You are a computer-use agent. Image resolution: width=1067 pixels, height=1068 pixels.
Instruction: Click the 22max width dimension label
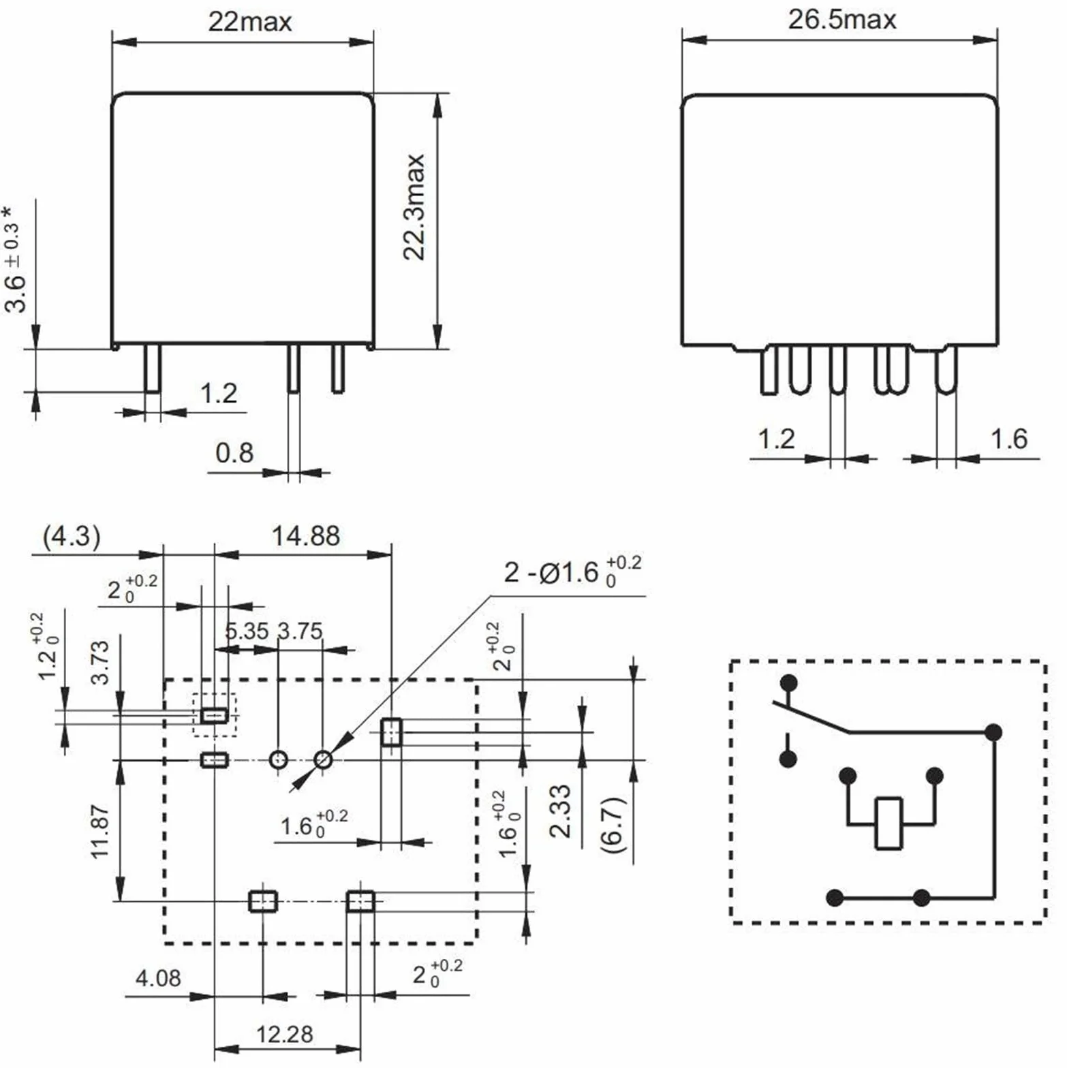(x=250, y=22)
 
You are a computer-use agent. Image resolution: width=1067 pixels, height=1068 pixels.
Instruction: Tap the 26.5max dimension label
(x=842, y=19)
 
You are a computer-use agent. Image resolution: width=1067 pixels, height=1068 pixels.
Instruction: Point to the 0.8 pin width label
(x=234, y=452)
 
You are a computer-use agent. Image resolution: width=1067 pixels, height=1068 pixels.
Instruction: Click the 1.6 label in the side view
(x=1008, y=439)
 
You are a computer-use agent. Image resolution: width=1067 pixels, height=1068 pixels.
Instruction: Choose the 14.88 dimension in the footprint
(x=305, y=536)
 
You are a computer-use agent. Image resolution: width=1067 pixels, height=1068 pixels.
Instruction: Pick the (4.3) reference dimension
(x=72, y=536)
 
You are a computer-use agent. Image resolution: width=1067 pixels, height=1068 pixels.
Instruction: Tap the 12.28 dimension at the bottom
(x=284, y=1034)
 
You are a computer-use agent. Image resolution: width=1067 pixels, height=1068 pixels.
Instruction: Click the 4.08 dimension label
(x=158, y=978)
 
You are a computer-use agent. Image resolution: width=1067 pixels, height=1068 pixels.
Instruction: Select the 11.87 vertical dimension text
(x=99, y=832)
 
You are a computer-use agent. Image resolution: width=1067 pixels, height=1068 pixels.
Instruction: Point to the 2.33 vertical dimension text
(x=560, y=811)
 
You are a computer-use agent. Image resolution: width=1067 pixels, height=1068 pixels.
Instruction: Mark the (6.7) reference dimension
(x=614, y=824)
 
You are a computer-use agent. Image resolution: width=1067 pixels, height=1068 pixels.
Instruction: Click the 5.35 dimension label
(x=247, y=631)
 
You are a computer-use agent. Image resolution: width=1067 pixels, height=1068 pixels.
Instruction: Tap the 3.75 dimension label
(x=300, y=631)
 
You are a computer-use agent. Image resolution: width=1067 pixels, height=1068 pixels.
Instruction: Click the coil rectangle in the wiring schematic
(x=888, y=823)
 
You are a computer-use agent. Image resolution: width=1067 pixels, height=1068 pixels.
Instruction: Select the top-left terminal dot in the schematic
(x=789, y=682)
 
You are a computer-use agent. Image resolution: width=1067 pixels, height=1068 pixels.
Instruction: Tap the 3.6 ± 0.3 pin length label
(x=15, y=259)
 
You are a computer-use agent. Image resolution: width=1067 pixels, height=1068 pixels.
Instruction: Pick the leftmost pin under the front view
(x=153, y=368)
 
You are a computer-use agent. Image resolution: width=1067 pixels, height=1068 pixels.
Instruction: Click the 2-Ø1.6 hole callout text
(x=572, y=572)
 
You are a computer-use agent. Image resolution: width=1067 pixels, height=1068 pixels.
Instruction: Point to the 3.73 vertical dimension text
(x=99, y=662)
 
